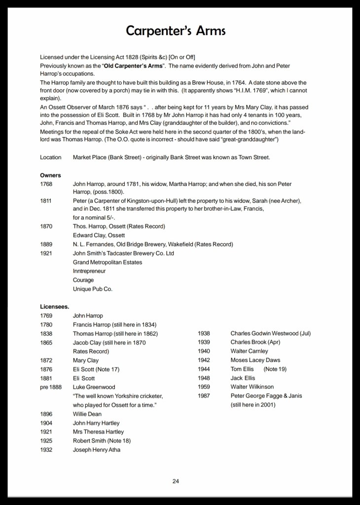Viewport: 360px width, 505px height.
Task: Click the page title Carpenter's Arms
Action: [x=176, y=31]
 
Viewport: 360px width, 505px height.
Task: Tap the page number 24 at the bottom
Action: [x=176, y=481]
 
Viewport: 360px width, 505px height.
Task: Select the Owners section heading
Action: [x=50, y=175]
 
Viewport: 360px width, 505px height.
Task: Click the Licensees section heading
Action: [x=54, y=306]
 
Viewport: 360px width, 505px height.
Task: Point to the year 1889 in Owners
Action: [x=46, y=245]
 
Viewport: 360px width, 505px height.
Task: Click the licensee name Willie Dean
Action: [x=87, y=414]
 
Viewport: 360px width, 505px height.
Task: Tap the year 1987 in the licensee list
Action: [x=204, y=396]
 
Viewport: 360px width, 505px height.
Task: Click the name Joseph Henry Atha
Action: [x=97, y=450]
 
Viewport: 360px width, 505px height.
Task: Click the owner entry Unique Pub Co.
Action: [x=92, y=289]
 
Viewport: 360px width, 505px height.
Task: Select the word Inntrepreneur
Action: [x=89, y=271]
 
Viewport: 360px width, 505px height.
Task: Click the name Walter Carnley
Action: [x=249, y=351]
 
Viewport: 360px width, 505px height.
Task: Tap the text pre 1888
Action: [x=51, y=387]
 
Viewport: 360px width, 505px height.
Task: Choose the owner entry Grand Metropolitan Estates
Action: [x=108, y=262]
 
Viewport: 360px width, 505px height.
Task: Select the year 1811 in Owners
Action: [x=46, y=202]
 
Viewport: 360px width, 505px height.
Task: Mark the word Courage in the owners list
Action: [x=83, y=280]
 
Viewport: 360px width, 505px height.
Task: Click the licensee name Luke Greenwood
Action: [x=94, y=387]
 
